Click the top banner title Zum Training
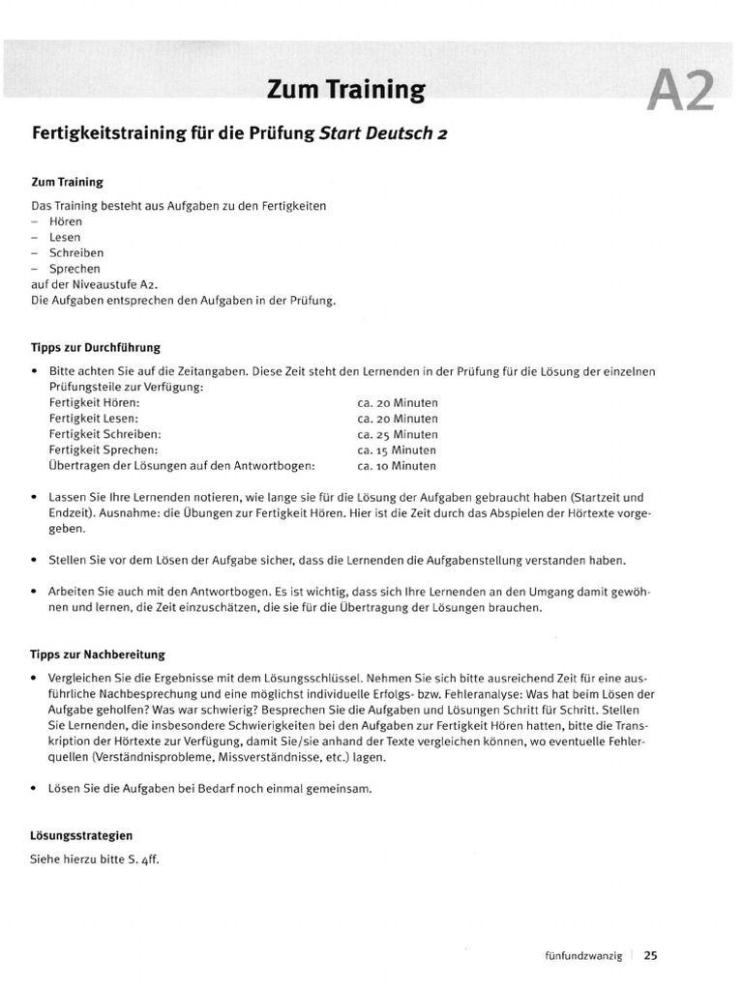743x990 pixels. pos(345,91)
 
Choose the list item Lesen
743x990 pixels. pos(64,237)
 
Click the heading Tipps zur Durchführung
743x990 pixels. pos(96,347)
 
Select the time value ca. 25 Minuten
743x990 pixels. pos(397,434)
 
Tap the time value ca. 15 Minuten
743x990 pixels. pos(397,450)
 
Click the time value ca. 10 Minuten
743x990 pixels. pos(397,465)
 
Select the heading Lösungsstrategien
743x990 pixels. pos(81,834)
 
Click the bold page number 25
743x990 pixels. pos(651,956)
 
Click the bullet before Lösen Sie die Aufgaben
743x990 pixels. pos(35,788)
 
